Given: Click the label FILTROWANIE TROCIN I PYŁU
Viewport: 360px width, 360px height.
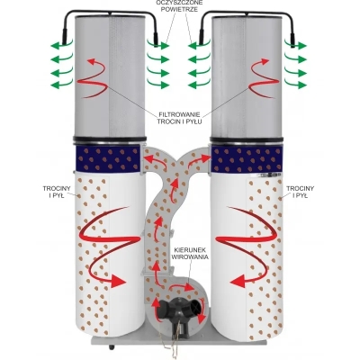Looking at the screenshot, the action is tap(180, 118).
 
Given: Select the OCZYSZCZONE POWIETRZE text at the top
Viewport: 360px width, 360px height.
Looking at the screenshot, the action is tap(179, 6).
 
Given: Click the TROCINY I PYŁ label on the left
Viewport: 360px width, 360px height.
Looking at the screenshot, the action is tap(57, 192).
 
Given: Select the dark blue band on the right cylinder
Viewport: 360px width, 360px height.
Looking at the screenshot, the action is tap(247, 159).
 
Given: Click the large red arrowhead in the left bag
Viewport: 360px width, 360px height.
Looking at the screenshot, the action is tap(118, 281).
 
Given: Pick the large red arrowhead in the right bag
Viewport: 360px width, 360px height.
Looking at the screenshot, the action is tap(238, 281).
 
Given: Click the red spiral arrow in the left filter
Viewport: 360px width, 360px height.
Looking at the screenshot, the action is tap(94, 78).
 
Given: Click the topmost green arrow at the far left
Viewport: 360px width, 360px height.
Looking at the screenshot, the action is tap(61, 45).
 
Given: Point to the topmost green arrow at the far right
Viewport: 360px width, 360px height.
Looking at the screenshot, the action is tap(295, 45).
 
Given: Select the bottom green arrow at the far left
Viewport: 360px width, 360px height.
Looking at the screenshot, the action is tap(61, 85).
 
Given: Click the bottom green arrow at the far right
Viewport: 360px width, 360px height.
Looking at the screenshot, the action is tap(295, 85).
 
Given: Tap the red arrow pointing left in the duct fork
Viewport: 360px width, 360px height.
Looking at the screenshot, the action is tap(156, 161).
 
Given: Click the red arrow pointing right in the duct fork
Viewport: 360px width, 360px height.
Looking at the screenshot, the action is tap(199, 159).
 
